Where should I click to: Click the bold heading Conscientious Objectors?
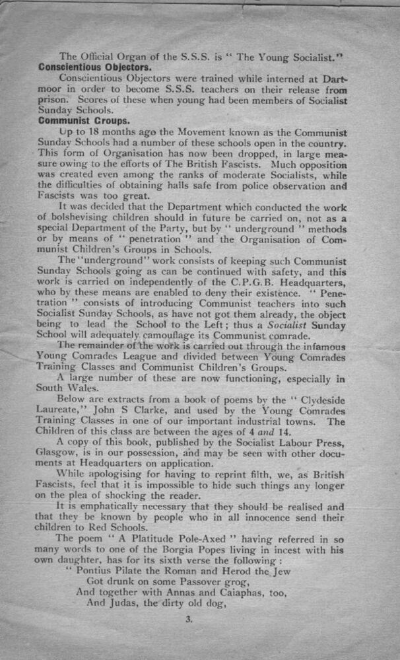(x=95, y=67)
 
